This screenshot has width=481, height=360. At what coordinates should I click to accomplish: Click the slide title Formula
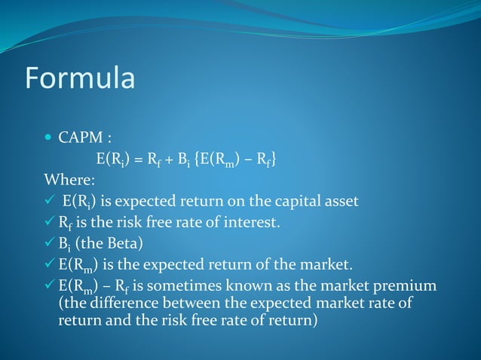80,78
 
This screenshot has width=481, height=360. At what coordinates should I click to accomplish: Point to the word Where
69,180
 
